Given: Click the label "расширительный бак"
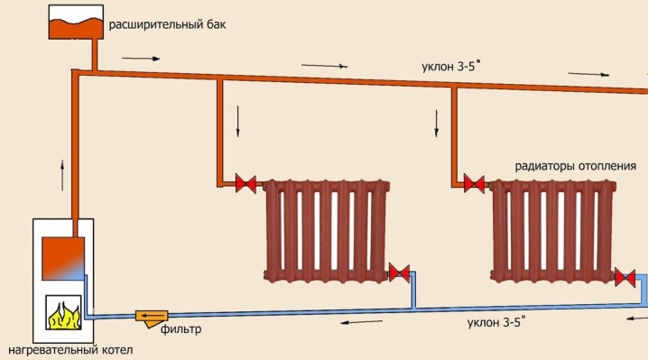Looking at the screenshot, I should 163,25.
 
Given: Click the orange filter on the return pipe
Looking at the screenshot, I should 149,316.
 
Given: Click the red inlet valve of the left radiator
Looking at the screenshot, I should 244,184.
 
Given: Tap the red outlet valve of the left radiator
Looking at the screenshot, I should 398,272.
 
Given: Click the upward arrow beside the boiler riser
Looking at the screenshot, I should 61,171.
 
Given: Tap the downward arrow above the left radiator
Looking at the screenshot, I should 238,121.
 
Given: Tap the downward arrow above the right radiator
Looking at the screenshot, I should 436,121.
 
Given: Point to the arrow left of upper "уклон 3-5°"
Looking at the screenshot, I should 323,65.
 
